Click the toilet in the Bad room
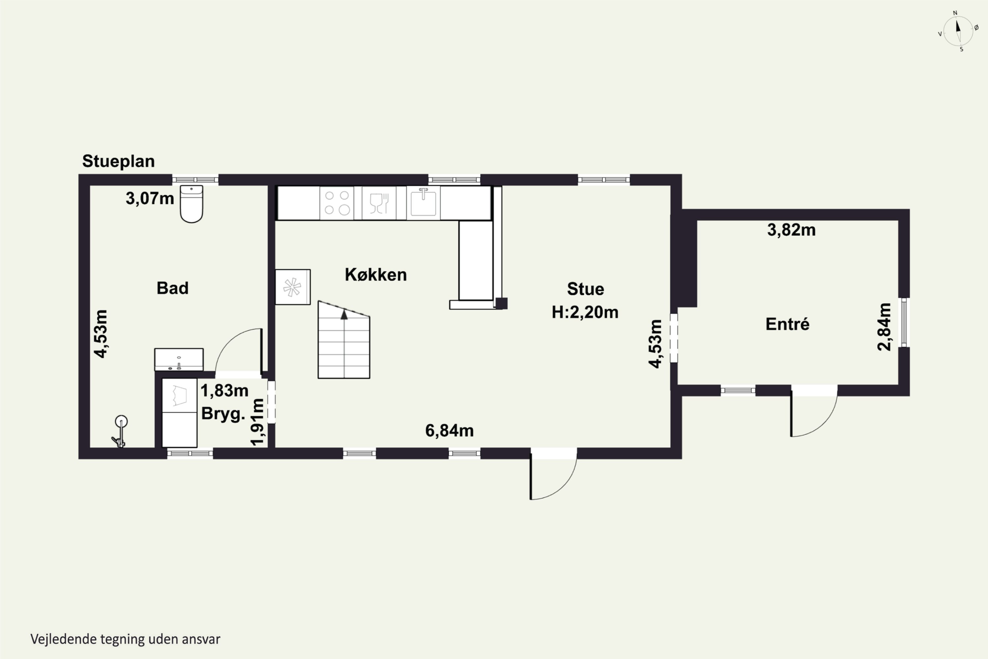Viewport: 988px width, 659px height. (192, 204)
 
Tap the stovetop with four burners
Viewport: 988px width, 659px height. (337, 203)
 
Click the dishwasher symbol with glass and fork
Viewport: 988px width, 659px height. (379, 203)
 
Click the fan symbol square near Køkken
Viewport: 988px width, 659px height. (293, 287)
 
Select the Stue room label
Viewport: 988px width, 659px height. (586, 289)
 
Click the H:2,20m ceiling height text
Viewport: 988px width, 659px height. (585, 312)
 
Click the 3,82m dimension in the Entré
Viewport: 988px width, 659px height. (791, 230)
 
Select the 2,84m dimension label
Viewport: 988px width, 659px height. (884, 327)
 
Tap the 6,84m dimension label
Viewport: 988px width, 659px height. (450, 431)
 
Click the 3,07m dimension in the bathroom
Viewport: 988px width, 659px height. (150, 198)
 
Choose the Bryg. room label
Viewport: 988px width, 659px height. (223, 414)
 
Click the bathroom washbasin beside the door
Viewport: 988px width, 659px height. (179, 360)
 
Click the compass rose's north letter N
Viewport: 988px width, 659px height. (955, 13)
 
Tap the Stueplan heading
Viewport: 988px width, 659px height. (119, 161)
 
